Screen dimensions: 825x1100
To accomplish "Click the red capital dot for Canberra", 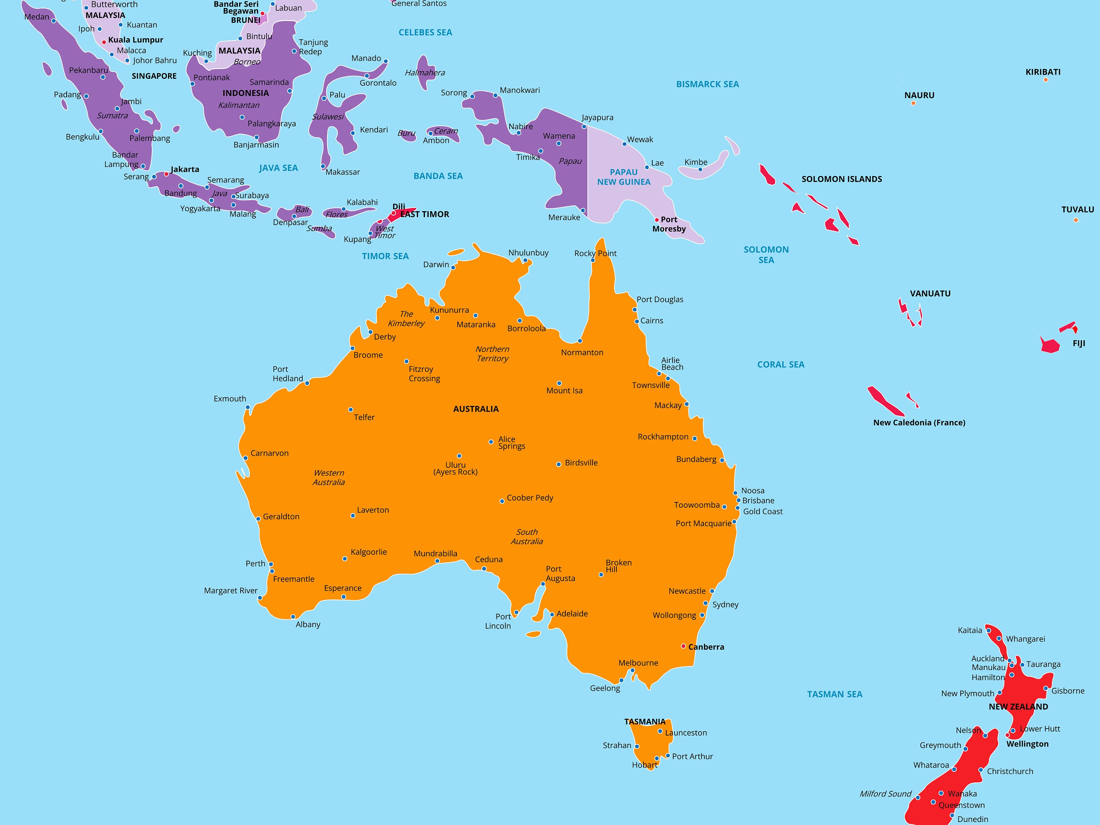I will (x=683, y=646).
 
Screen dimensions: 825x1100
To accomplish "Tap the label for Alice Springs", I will (x=511, y=443).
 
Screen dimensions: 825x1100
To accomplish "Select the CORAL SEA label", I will (x=780, y=364).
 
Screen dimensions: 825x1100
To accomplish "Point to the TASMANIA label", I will (x=645, y=722).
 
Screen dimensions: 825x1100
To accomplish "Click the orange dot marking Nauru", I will (x=913, y=103).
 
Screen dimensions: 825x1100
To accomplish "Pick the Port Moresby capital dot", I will (x=656, y=220).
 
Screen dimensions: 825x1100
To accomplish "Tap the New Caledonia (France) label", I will (x=919, y=423).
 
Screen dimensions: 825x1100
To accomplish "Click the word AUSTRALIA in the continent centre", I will (x=476, y=409).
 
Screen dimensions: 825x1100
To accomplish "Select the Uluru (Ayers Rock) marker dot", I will (x=459, y=455).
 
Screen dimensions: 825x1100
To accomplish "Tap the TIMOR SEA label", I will (x=385, y=256).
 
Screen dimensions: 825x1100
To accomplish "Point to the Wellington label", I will (x=1027, y=744).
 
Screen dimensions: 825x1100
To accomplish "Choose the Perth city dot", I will (x=271, y=564).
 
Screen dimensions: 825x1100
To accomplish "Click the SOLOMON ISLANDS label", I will (x=841, y=179).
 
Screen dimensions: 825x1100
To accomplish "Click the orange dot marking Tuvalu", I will (x=1076, y=220).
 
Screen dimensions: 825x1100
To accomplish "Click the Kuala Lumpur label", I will (x=135, y=40).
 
